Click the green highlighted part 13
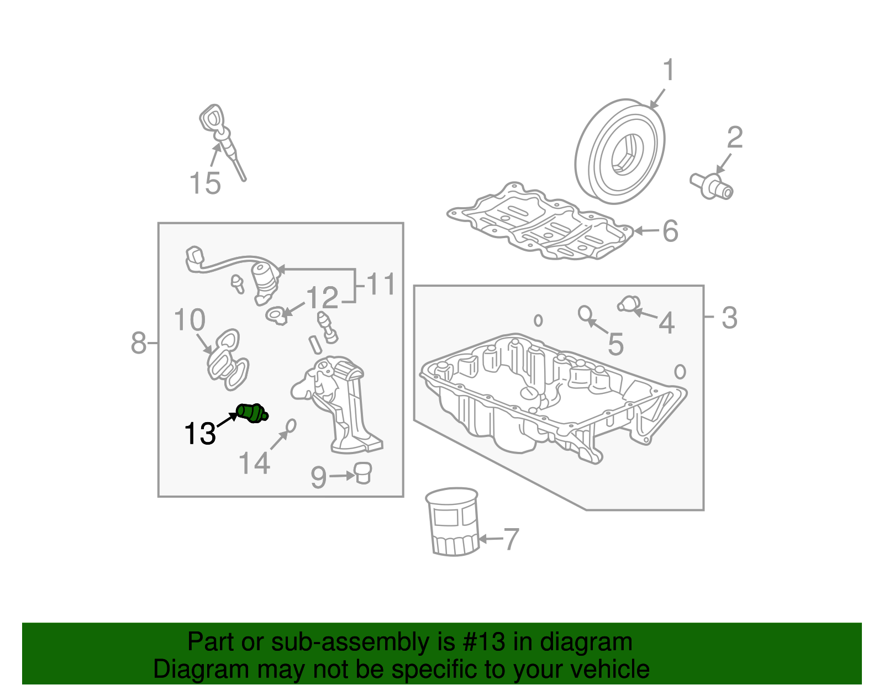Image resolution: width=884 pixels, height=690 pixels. (x=252, y=413)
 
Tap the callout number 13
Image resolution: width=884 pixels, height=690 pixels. (x=199, y=433)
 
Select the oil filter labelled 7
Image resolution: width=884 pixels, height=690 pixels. (x=452, y=522)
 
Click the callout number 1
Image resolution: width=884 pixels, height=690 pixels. (x=669, y=70)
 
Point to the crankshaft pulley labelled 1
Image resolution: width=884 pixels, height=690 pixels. (x=619, y=151)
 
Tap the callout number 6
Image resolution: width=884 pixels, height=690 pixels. (x=670, y=231)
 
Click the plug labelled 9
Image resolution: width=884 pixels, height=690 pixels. (x=363, y=473)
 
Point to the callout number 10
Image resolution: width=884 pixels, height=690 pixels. (x=189, y=319)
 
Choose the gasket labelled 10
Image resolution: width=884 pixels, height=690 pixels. (x=228, y=360)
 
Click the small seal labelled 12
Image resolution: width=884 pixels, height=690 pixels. (x=277, y=315)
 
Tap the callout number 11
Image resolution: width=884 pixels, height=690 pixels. (x=381, y=284)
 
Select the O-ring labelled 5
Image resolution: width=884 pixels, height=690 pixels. (x=585, y=313)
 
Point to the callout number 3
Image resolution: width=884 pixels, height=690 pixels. (x=729, y=318)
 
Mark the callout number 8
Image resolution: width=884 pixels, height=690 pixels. (x=138, y=343)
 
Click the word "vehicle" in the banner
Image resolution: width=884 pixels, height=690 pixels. (x=608, y=669)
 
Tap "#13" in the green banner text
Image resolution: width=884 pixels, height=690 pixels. (x=483, y=641)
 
